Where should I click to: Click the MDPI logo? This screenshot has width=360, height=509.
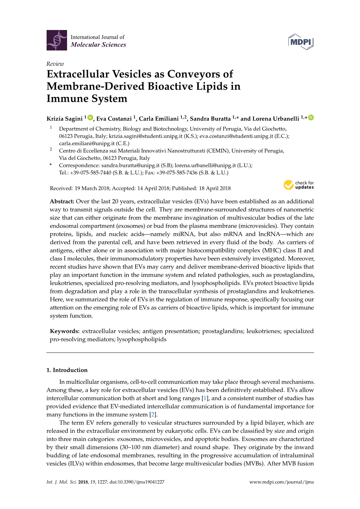pyautogui.click(x=301, y=42)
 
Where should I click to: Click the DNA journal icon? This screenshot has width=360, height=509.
pyautogui.click(x=56, y=40)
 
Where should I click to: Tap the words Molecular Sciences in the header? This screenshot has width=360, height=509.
pyautogui.click(x=98, y=45)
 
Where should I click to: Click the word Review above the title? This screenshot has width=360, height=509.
pyautogui.click(x=55, y=64)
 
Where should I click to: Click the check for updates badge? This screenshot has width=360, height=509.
pyautogui.click(x=299, y=185)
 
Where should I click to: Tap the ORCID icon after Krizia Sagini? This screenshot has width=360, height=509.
pyautogui.click(x=90, y=118)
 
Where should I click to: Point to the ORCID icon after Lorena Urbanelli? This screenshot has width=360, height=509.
pyautogui.click(x=311, y=118)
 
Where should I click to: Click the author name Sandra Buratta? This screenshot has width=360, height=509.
pyautogui.click(x=210, y=119)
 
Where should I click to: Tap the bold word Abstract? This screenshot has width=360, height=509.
pyautogui.click(x=62, y=202)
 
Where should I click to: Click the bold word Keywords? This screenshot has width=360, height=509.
pyautogui.click(x=65, y=331)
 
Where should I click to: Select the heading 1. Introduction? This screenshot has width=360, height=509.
pyautogui.click(x=67, y=370)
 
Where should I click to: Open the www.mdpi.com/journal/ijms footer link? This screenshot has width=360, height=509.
pyautogui.click(x=281, y=482)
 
